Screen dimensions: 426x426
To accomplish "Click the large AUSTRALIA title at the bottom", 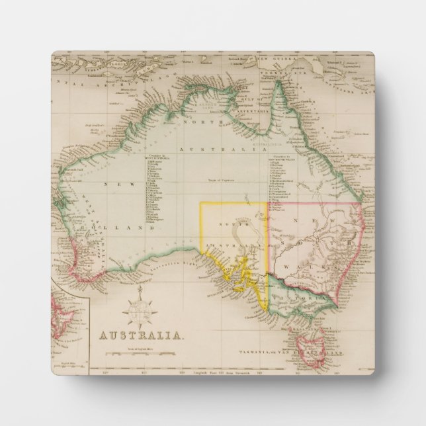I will click(142, 335).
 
